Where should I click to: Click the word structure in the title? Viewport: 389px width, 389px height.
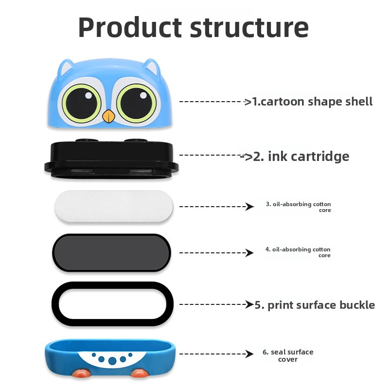coord(249,28)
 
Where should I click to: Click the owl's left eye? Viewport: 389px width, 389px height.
coord(81,103)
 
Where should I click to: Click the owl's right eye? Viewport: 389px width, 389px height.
coord(136,103)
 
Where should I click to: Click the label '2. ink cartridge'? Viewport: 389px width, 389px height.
coord(297,156)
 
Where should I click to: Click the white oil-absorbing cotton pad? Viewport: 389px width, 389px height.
coord(113,206)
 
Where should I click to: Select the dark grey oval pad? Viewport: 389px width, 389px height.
coord(111,252)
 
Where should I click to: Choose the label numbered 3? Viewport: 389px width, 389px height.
coord(298,207)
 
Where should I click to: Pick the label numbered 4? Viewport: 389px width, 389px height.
coord(298,252)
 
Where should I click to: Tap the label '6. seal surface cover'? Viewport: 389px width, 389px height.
coord(288,355)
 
